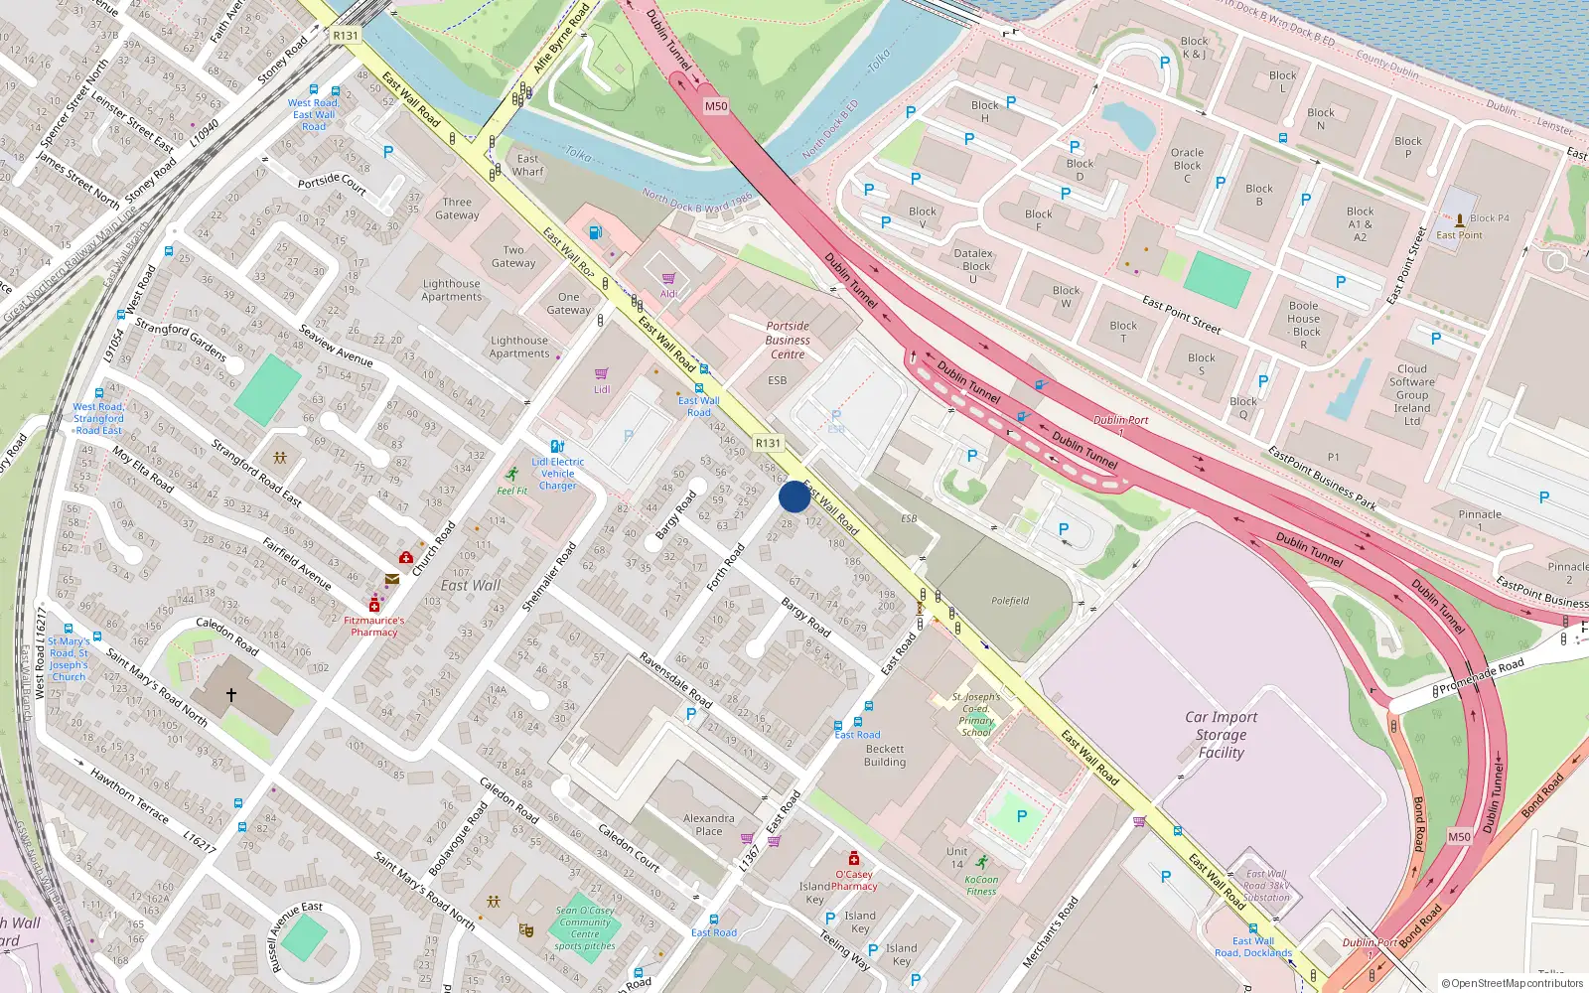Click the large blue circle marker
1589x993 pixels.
(794, 496)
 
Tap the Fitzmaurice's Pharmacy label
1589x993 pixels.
(374, 626)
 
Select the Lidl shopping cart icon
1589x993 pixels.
(601, 374)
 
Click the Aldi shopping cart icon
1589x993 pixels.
(668, 279)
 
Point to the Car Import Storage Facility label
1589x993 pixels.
(1221, 735)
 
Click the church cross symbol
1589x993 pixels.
(231, 695)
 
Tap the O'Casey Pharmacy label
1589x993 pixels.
(854, 880)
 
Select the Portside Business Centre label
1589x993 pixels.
(788, 340)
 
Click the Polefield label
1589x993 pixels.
(1010, 601)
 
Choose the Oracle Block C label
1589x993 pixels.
(1187, 165)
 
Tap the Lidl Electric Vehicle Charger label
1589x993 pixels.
(558, 473)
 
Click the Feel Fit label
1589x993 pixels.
(512, 491)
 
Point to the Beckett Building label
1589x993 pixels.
(885, 756)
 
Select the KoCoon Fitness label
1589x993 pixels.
(981, 885)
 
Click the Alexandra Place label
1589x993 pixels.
(709, 824)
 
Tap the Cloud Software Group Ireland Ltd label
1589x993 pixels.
(1412, 394)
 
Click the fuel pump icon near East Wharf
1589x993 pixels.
(595, 232)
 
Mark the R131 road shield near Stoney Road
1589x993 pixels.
(345, 35)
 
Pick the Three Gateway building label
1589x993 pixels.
(457, 209)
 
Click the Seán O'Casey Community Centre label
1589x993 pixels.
(585, 927)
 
